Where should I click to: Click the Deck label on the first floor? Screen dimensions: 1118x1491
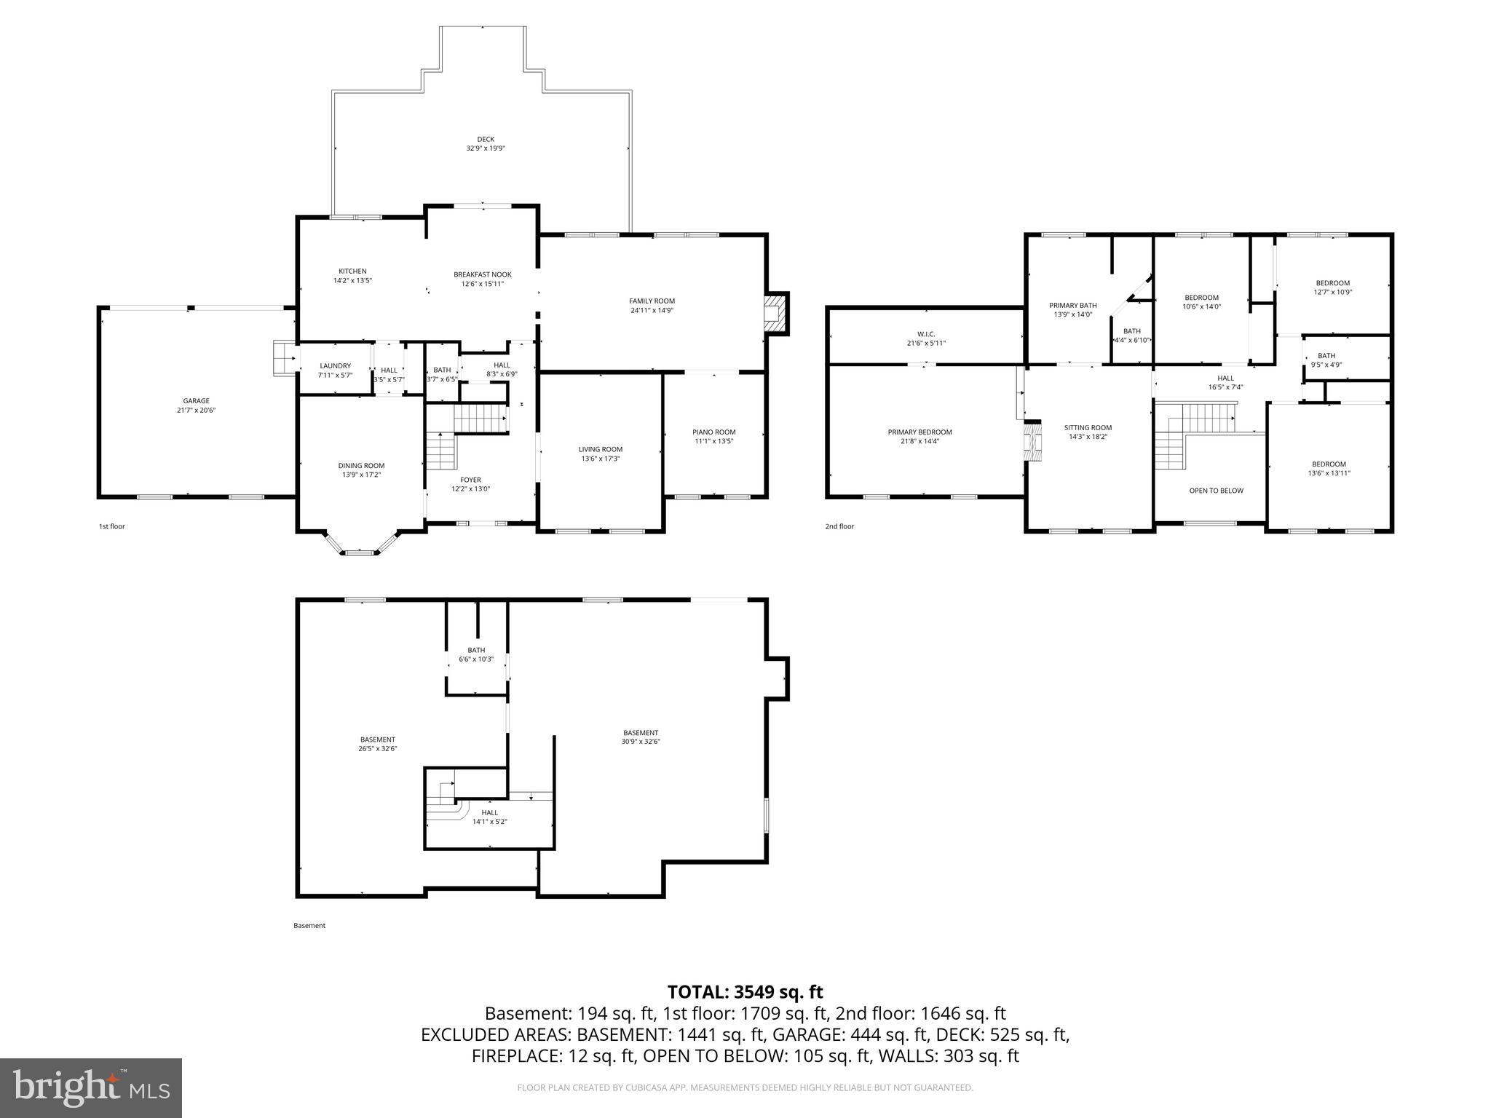(x=486, y=139)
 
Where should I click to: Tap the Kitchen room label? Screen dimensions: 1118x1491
(x=352, y=271)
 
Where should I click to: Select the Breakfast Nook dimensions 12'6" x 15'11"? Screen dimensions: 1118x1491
(x=482, y=284)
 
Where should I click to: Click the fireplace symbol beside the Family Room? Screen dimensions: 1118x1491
(x=776, y=314)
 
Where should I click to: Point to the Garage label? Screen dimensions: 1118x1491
(x=196, y=400)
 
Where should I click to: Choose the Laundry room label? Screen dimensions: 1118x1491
(x=335, y=365)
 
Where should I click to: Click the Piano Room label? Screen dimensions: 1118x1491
(x=713, y=432)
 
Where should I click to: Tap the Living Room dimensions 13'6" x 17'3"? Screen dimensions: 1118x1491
(x=601, y=459)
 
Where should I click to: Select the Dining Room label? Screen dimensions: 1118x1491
(x=361, y=466)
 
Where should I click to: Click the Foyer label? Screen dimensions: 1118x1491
(x=470, y=480)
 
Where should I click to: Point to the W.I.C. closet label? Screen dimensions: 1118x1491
(x=926, y=333)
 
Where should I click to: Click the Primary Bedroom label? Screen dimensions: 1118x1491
(x=919, y=432)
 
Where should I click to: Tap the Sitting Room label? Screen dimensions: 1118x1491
(x=1088, y=427)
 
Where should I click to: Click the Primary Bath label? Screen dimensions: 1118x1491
(x=1072, y=305)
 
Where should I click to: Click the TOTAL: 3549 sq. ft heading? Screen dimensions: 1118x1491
(x=745, y=991)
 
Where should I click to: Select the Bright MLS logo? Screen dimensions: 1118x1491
(x=91, y=1087)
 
